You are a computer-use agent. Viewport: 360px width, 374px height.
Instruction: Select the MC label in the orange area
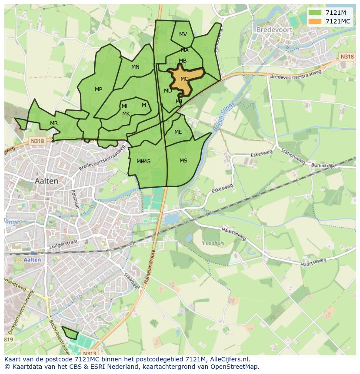(184, 79)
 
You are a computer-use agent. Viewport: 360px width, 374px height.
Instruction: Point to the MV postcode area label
(183, 34)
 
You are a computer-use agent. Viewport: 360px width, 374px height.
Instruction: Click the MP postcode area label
(99, 89)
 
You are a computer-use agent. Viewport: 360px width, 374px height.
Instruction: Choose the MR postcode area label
(54, 123)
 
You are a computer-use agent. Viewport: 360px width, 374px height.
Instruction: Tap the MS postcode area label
(183, 161)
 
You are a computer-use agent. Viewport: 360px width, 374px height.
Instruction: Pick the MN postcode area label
(136, 67)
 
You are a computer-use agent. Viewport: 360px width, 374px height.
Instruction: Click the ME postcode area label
(178, 132)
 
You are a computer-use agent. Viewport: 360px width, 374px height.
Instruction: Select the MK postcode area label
(126, 114)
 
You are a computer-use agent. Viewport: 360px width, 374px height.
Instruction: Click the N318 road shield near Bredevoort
(347, 56)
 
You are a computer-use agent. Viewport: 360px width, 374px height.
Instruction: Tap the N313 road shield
(90, 354)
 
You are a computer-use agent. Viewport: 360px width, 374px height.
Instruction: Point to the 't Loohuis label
(213, 243)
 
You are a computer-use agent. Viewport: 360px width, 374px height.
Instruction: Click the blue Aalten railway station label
(33, 260)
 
